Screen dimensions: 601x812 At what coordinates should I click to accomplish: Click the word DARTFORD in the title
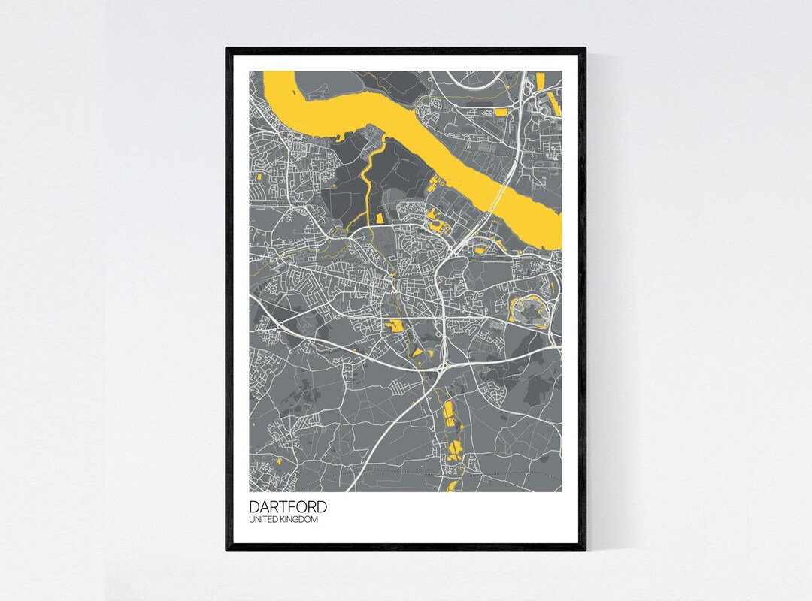[x=288, y=507]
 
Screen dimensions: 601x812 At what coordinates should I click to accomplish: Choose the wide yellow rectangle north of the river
[x=501, y=113]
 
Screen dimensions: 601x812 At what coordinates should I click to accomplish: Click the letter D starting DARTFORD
[x=254, y=507]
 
